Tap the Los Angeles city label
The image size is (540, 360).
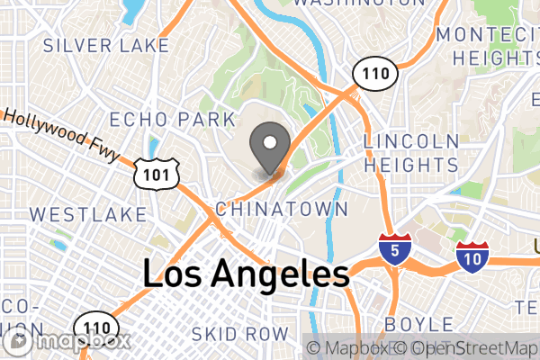[246, 274]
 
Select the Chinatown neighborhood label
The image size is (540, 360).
[282, 209]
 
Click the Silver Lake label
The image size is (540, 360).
[105, 44]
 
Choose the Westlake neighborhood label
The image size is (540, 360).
[86, 214]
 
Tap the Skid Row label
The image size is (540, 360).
[240, 334]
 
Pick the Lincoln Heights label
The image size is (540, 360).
[410, 153]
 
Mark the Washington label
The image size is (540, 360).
[358, 4]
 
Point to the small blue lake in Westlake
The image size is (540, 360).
[60, 244]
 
